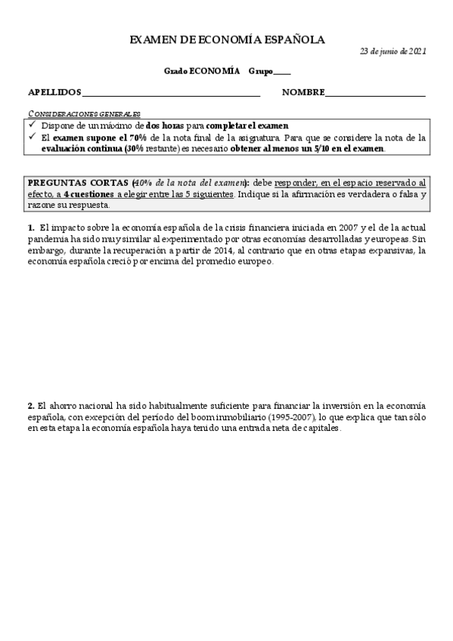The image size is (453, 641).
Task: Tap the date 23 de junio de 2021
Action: pyautogui.click(x=392, y=51)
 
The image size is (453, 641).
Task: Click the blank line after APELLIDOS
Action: pyautogui.click(x=171, y=94)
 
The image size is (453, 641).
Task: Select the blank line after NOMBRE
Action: pyautogui.click(x=375, y=94)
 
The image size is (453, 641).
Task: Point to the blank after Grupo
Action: pyautogui.click(x=281, y=72)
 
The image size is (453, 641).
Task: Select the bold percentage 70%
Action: pyautogui.click(x=115, y=138)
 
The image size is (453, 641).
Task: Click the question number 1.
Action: pyautogui.click(x=31, y=227)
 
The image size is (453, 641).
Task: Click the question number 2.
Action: pyautogui.click(x=31, y=405)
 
